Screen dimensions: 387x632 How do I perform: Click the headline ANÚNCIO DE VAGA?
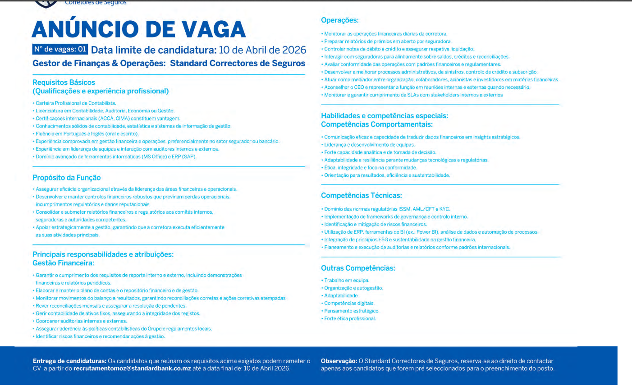click(139, 30)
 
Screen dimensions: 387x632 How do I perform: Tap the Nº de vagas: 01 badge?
click(60, 50)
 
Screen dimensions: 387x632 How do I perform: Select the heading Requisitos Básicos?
click(64, 83)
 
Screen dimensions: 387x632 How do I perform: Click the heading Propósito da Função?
click(67, 178)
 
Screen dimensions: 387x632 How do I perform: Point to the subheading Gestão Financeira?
click(63, 263)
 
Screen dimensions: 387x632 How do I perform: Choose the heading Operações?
click(339, 20)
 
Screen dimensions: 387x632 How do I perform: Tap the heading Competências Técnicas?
click(361, 196)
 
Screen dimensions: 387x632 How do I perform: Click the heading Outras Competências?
click(358, 268)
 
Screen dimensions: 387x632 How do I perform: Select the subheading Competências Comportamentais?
click(376, 124)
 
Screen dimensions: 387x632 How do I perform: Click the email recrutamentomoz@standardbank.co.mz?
click(132, 369)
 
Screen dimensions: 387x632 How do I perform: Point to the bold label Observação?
click(339, 361)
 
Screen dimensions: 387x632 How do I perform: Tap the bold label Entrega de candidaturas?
click(69, 361)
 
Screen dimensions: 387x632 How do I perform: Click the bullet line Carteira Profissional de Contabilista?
click(76, 103)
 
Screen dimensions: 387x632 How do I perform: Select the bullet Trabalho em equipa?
click(347, 281)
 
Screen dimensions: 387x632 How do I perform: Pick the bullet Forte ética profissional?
click(350, 319)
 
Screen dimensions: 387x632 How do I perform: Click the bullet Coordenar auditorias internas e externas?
click(81, 321)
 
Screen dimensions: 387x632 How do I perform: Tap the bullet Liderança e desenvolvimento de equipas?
click(369, 145)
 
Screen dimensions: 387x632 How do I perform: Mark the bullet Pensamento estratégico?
click(352, 311)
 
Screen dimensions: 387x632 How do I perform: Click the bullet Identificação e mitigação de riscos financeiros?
click(375, 225)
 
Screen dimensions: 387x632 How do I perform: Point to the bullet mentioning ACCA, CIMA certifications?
click(108, 119)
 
